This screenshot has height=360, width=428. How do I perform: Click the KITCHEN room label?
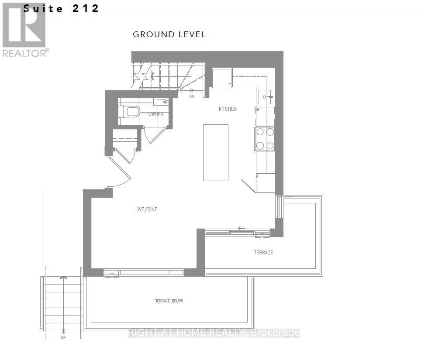pos(228,109)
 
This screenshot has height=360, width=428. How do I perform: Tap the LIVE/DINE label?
pos(146,209)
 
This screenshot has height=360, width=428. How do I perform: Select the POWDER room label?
pos(154,114)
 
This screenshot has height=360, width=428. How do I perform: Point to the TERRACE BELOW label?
pos(169,301)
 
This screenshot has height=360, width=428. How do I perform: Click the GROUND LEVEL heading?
pos(169,34)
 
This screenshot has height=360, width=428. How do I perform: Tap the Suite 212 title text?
pos(61,8)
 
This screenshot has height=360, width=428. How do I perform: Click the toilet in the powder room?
pos(129,112)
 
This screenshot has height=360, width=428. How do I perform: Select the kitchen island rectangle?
pos(216,152)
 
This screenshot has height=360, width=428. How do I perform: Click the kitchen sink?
pos(265,97)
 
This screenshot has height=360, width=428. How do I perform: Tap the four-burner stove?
pos(265,139)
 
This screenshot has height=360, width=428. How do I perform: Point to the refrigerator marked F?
pos(222,78)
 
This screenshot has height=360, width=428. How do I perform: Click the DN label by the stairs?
pos(192,96)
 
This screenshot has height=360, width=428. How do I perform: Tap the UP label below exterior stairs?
pos(63,337)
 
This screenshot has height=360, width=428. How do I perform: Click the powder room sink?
pos(161,102)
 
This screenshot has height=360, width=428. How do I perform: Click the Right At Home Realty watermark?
pos(214,333)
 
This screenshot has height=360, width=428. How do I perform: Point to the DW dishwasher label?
pos(257,110)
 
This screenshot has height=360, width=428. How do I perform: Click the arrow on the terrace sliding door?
pos(241,228)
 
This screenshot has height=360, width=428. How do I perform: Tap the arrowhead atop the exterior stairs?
pos(63,278)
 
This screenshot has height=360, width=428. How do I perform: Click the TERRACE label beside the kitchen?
pos(263,253)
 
